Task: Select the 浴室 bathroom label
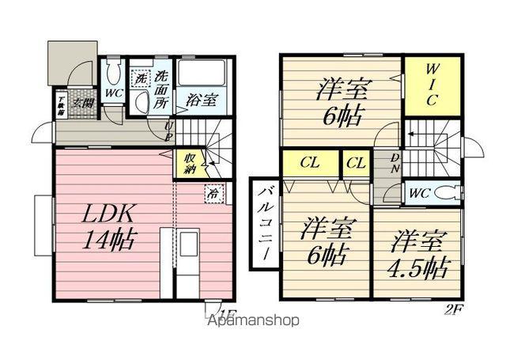pyautogui.click(x=202, y=100)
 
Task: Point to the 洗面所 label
pyautogui.click(x=161, y=89)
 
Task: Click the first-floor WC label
pyautogui.click(x=114, y=93)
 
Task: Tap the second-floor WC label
pyautogui.click(x=419, y=191)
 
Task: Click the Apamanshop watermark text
pyautogui.click(x=253, y=320)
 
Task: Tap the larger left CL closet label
pyautogui.click(x=310, y=164)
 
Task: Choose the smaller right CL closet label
pyautogui.click(x=356, y=164)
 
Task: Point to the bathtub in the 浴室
pyautogui.click(x=202, y=76)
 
